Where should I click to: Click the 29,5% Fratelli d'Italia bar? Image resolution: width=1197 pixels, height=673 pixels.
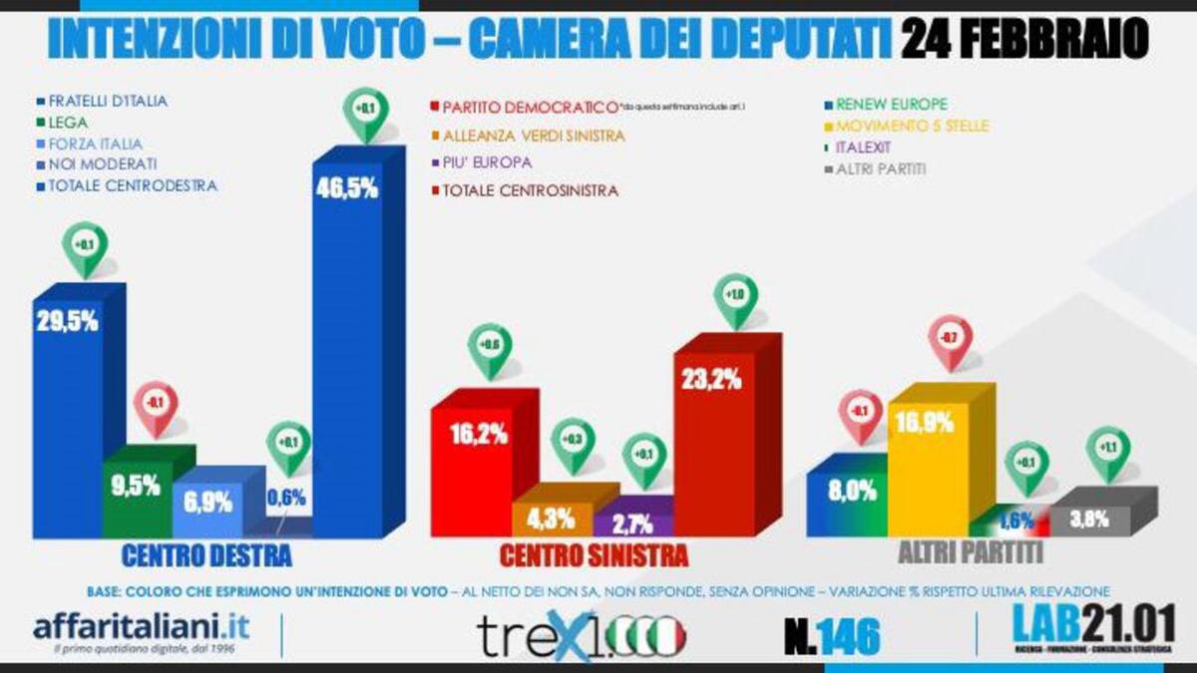[68, 419]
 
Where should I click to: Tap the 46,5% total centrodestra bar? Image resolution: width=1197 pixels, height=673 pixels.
[348, 359]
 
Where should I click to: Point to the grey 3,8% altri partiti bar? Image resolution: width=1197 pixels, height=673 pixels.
[1090, 519]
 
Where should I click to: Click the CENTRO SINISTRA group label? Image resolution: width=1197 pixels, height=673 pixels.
[594, 554]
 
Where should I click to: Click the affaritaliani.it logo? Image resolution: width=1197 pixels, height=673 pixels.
[141, 631]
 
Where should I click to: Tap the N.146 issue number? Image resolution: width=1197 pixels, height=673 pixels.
[831, 635]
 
